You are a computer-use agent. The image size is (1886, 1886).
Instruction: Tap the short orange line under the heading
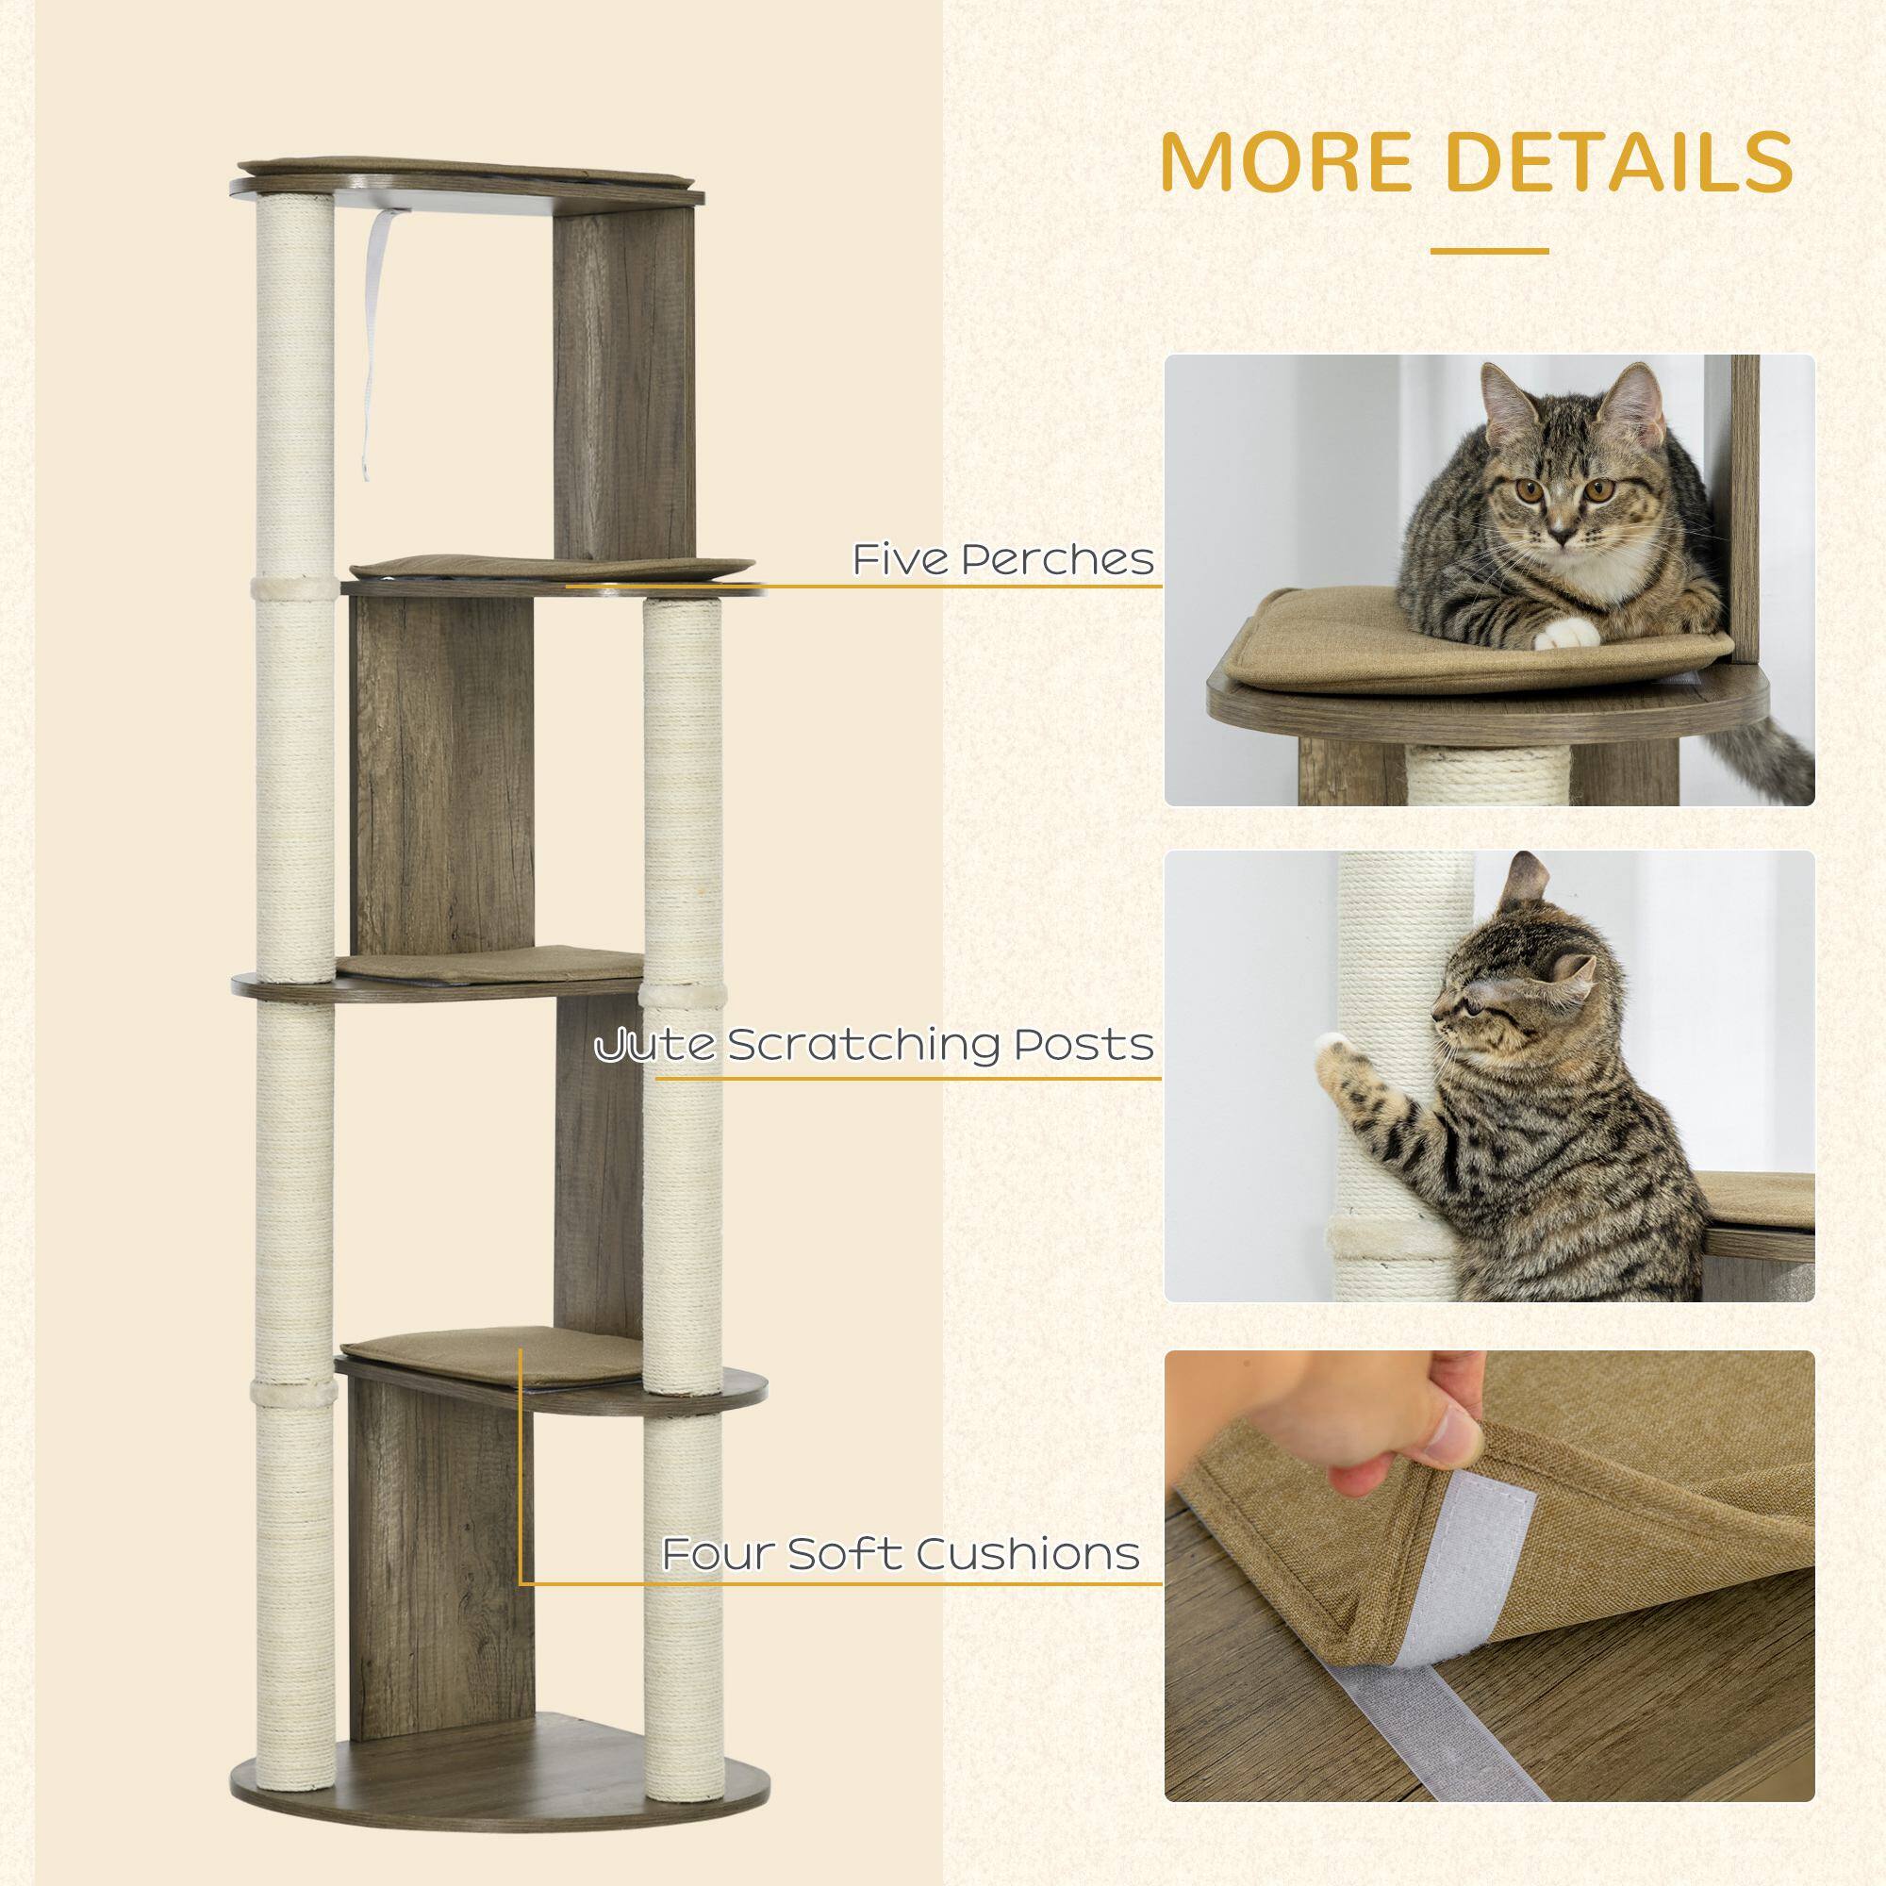coord(1489,251)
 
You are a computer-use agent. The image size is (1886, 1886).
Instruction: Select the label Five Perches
coord(1001,559)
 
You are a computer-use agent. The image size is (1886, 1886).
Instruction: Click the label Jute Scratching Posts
coord(876,1046)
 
